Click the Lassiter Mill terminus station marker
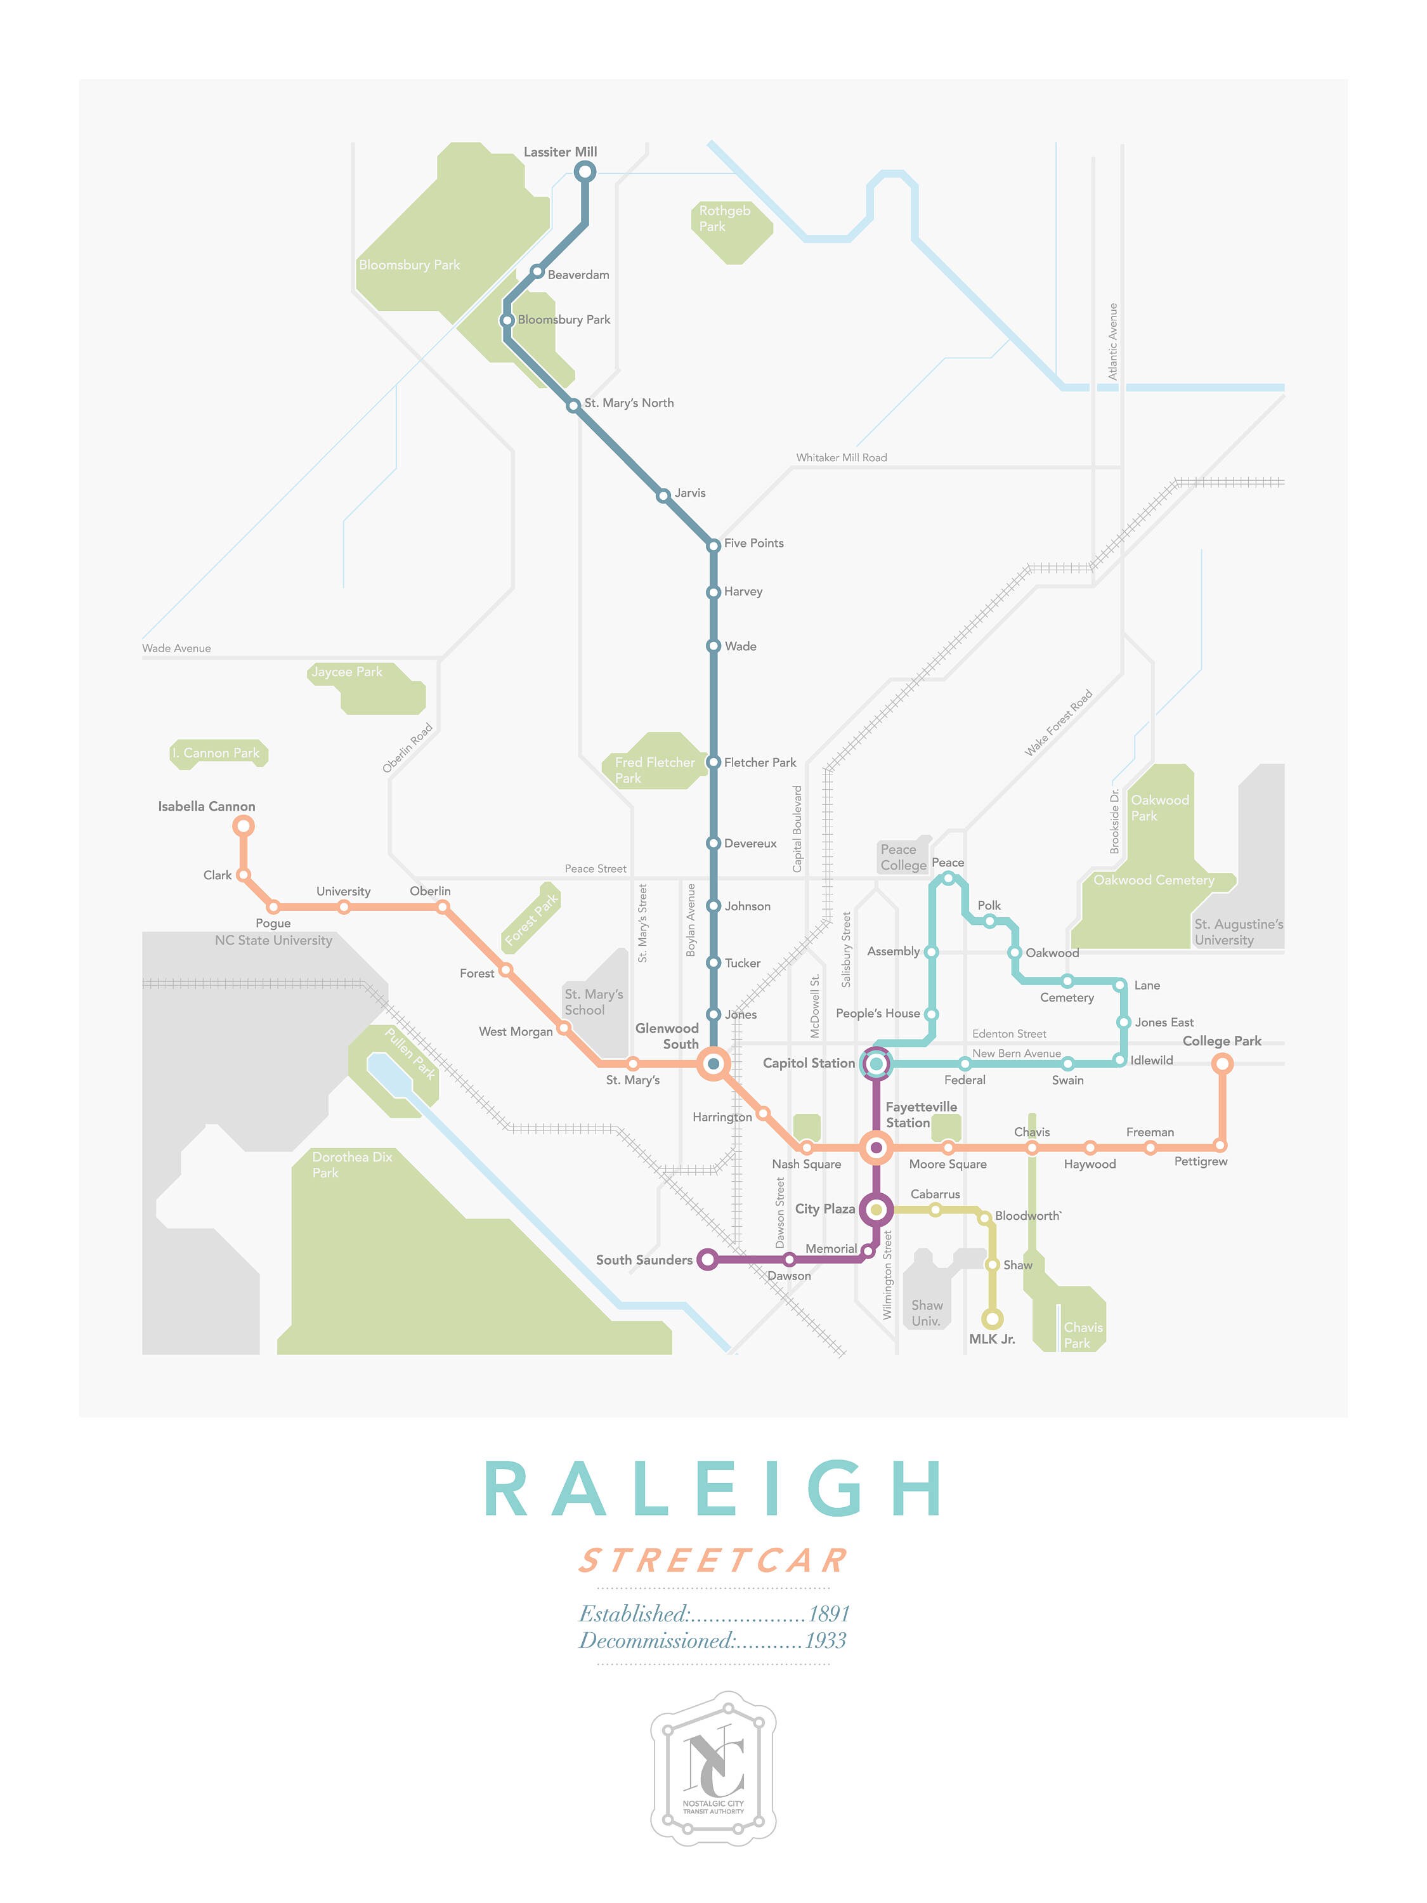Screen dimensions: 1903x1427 pos(585,172)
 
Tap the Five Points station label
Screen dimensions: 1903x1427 pos(753,543)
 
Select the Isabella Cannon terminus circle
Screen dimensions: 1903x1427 pos(244,826)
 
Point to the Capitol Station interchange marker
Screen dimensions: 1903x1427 pos(876,1063)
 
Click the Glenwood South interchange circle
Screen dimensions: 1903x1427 pos(713,1063)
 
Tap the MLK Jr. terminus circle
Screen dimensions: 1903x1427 pos(993,1319)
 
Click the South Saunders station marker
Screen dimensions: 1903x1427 pos(707,1260)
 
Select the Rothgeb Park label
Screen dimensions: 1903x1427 pos(724,218)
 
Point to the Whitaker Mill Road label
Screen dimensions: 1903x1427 pos(840,458)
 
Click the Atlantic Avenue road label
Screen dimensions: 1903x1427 pos(1112,341)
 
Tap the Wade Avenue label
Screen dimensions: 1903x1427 pos(176,648)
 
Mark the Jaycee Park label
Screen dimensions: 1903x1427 pos(347,672)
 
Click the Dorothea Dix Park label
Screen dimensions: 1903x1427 pos(352,1165)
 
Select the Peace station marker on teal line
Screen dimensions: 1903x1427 pos(948,879)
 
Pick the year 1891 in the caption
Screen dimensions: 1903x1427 pos(828,1613)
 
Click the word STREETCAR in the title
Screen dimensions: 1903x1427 pos(713,1560)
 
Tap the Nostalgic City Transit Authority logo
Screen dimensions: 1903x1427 pos(713,1768)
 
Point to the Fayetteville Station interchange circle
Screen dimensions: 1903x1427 pos(876,1147)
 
